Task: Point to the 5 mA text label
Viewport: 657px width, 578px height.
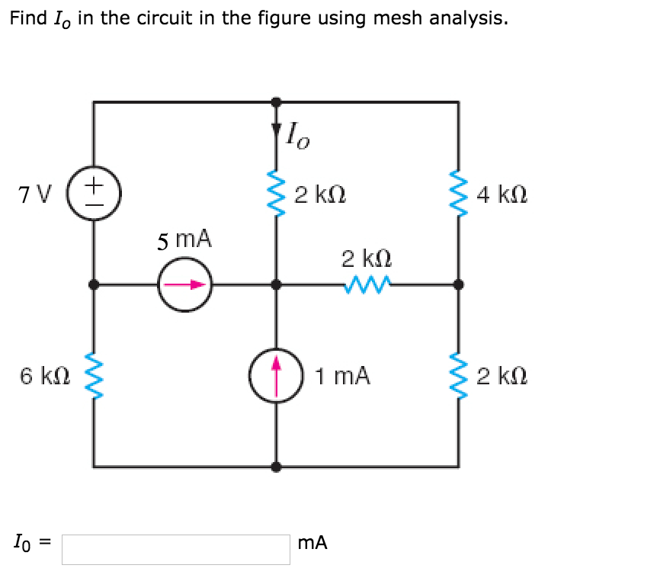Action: pos(185,240)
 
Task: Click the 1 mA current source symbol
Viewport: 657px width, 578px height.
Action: pos(276,374)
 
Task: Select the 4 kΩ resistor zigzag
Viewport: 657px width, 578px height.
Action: pos(458,194)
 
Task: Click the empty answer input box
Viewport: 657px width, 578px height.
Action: pos(176,549)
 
